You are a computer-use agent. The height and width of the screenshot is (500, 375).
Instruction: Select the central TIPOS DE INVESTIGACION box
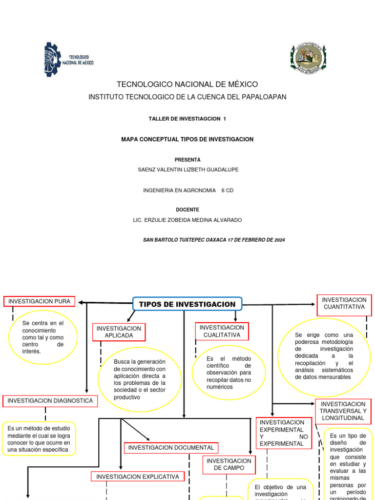pyautogui.click(x=187, y=304)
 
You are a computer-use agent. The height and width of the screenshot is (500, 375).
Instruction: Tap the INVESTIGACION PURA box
pyautogui.click(x=40, y=301)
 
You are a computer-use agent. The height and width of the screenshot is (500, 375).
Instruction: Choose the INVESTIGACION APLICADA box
pyautogui.click(x=119, y=332)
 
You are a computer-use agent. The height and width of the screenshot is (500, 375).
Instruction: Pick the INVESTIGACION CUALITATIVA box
pyautogui.click(x=222, y=331)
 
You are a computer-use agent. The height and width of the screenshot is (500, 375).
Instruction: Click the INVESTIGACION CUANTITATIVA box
pyautogui.click(x=344, y=305)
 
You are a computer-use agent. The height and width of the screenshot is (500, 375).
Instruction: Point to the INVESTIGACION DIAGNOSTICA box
pyautogui.click(x=50, y=401)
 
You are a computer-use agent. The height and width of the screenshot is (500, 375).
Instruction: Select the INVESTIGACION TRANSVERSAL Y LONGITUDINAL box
pyautogui.click(x=343, y=411)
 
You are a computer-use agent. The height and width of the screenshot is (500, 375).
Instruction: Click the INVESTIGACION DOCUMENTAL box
pyautogui.click(x=171, y=448)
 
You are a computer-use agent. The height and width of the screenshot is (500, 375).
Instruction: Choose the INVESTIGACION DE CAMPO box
pyautogui.click(x=229, y=464)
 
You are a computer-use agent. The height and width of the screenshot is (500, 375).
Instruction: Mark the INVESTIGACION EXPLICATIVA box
pyautogui.click(x=138, y=477)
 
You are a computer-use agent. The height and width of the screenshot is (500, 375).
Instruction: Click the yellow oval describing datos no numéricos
pyautogui.click(x=229, y=373)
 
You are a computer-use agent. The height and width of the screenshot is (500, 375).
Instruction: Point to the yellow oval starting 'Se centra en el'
pyautogui.click(x=43, y=337)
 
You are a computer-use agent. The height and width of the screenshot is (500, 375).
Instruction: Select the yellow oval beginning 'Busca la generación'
pyautogui.click(x=140, y=379)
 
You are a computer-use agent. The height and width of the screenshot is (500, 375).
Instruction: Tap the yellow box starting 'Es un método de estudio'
pyautogui.click(x=39, y=438)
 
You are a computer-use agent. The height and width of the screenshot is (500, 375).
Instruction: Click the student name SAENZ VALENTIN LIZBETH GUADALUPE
pyautogui.click(x=188, y=169)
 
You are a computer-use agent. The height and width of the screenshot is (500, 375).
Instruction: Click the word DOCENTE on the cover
pyautogui.click(x=187, y=209)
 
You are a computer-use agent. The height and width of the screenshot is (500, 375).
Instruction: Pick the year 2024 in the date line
pyautogui.click(x=278, y=240)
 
